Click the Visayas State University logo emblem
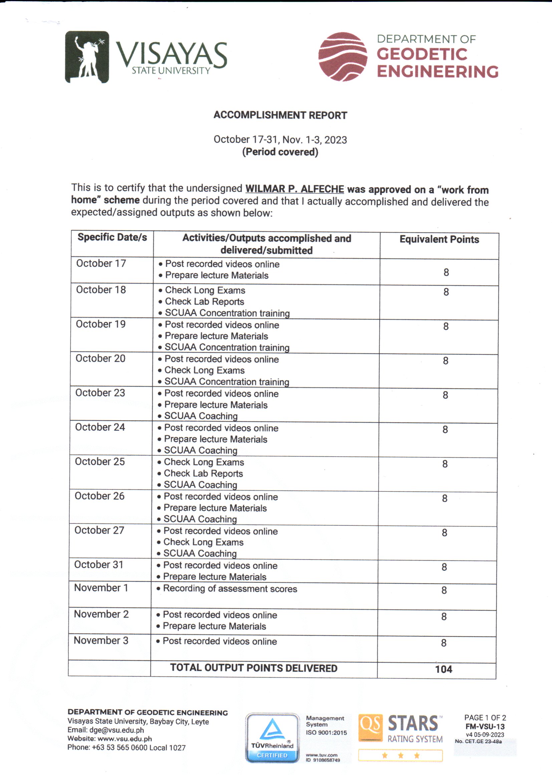[87, 57]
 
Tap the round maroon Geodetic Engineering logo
[343, 57]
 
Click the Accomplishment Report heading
[280, 115]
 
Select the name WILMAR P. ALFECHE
[294, 189]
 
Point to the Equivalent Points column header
[439, 240]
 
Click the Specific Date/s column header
[112, 237]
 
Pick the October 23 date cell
[100, 393]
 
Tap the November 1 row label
[101, 588]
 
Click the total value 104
[444, 669]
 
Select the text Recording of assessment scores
[230, 589]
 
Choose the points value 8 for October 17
[446, 272]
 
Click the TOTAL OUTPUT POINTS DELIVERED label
[254, 668]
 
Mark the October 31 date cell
[98, 565]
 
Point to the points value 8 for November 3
[444, 643]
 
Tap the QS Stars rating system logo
[400, 737]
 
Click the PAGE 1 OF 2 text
[485, 718]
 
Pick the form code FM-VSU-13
[485, 727]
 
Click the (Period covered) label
[280, 152]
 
